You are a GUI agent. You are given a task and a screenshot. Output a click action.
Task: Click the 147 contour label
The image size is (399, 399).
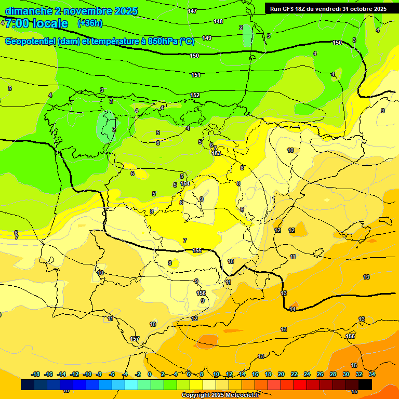(x=192, y=11)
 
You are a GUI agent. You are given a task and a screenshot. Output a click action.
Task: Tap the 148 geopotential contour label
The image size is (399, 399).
(x=218, y=21)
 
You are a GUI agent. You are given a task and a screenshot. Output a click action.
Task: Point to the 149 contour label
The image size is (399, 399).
(x=207, y=38)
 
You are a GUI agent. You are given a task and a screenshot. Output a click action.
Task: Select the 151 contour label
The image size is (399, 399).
(x=196, y=75)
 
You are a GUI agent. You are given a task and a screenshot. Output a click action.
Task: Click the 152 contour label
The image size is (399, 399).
(x=195, y=95)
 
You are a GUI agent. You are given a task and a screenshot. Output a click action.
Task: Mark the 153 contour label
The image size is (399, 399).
(x=216, y=153)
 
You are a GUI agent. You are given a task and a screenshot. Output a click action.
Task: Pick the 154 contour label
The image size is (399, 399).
(x=185, y=183)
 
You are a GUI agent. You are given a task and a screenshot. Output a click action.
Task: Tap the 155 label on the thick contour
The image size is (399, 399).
(x=197, y=250)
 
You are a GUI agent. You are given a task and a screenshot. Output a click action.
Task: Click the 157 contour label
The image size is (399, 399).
(x=135, y=339)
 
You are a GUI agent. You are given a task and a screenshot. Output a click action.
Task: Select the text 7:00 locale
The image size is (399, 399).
(x=36, y=23)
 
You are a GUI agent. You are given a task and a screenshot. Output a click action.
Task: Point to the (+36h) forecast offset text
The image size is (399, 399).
(x=90, y=23)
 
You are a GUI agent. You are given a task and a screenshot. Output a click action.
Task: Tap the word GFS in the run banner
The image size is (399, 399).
(x=289, y=9)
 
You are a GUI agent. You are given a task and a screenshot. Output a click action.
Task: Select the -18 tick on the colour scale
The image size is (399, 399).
(x=35, y=374)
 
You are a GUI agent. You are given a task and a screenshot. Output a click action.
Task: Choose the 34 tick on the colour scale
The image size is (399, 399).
(x=372, y=374)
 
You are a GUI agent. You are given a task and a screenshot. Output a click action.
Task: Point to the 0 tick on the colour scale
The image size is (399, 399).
(x=150, y=374)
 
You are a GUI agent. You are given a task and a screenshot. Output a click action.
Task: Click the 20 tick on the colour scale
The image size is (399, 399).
(x=281, y=374)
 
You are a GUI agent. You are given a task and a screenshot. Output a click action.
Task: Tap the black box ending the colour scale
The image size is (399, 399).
(x=365, y=384)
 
